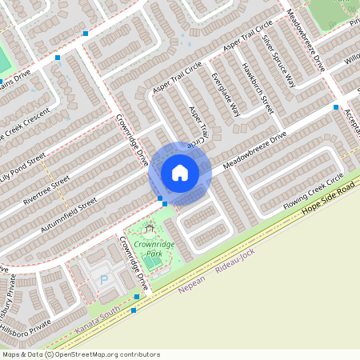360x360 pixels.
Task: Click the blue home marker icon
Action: coord(180,173)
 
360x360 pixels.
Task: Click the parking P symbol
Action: coord(103,280)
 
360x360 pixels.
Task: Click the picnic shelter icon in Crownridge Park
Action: coord(149,229)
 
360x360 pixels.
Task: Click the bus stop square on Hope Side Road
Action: coord(136,297)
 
